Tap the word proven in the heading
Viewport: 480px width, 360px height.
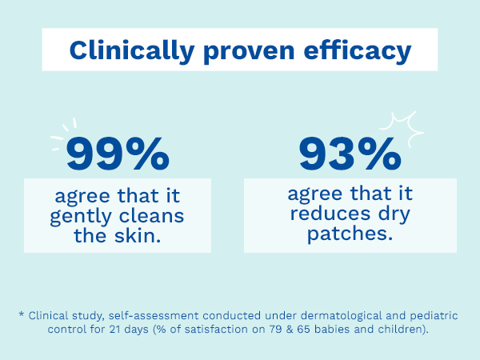(249, 53)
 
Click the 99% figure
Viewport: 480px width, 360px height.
(118, 154)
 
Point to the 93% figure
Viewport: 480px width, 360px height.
(350, 154)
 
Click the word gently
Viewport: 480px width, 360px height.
(81, 217)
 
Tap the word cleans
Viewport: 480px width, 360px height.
(151, 215)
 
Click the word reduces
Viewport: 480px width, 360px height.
(330, 213)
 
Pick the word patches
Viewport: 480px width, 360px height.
(350, 234)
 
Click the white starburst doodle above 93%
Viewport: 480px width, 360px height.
(402, 129)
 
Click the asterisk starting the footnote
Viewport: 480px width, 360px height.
(21, 314)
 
